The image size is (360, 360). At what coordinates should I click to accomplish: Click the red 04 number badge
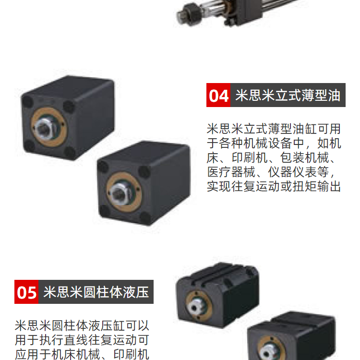pyautogui.click(x=218, y=95)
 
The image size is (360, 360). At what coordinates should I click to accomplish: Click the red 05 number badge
pyautogui.click(x=26, y=292)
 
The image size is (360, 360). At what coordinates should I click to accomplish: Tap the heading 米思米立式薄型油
pyautogui.click(x=288, y=96)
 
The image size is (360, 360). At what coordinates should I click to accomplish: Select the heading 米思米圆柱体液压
pyautogui.click(x=96, y=292)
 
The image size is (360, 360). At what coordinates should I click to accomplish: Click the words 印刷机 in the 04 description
pyautogui.click(x=250, y=158)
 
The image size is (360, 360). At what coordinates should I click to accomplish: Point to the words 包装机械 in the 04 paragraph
pyautogui.click(x=304, y=158)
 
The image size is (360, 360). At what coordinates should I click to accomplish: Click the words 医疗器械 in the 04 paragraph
pyautogui.click(x=231, y=172)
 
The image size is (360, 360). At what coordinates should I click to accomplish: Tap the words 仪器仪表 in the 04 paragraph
pyautogui.click(x=292, y=172)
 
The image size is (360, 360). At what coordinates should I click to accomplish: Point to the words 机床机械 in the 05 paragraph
pyautogui.click(x=76, y=354)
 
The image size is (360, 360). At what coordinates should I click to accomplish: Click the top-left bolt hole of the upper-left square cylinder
pyautogui.click(x=27, y=101)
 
